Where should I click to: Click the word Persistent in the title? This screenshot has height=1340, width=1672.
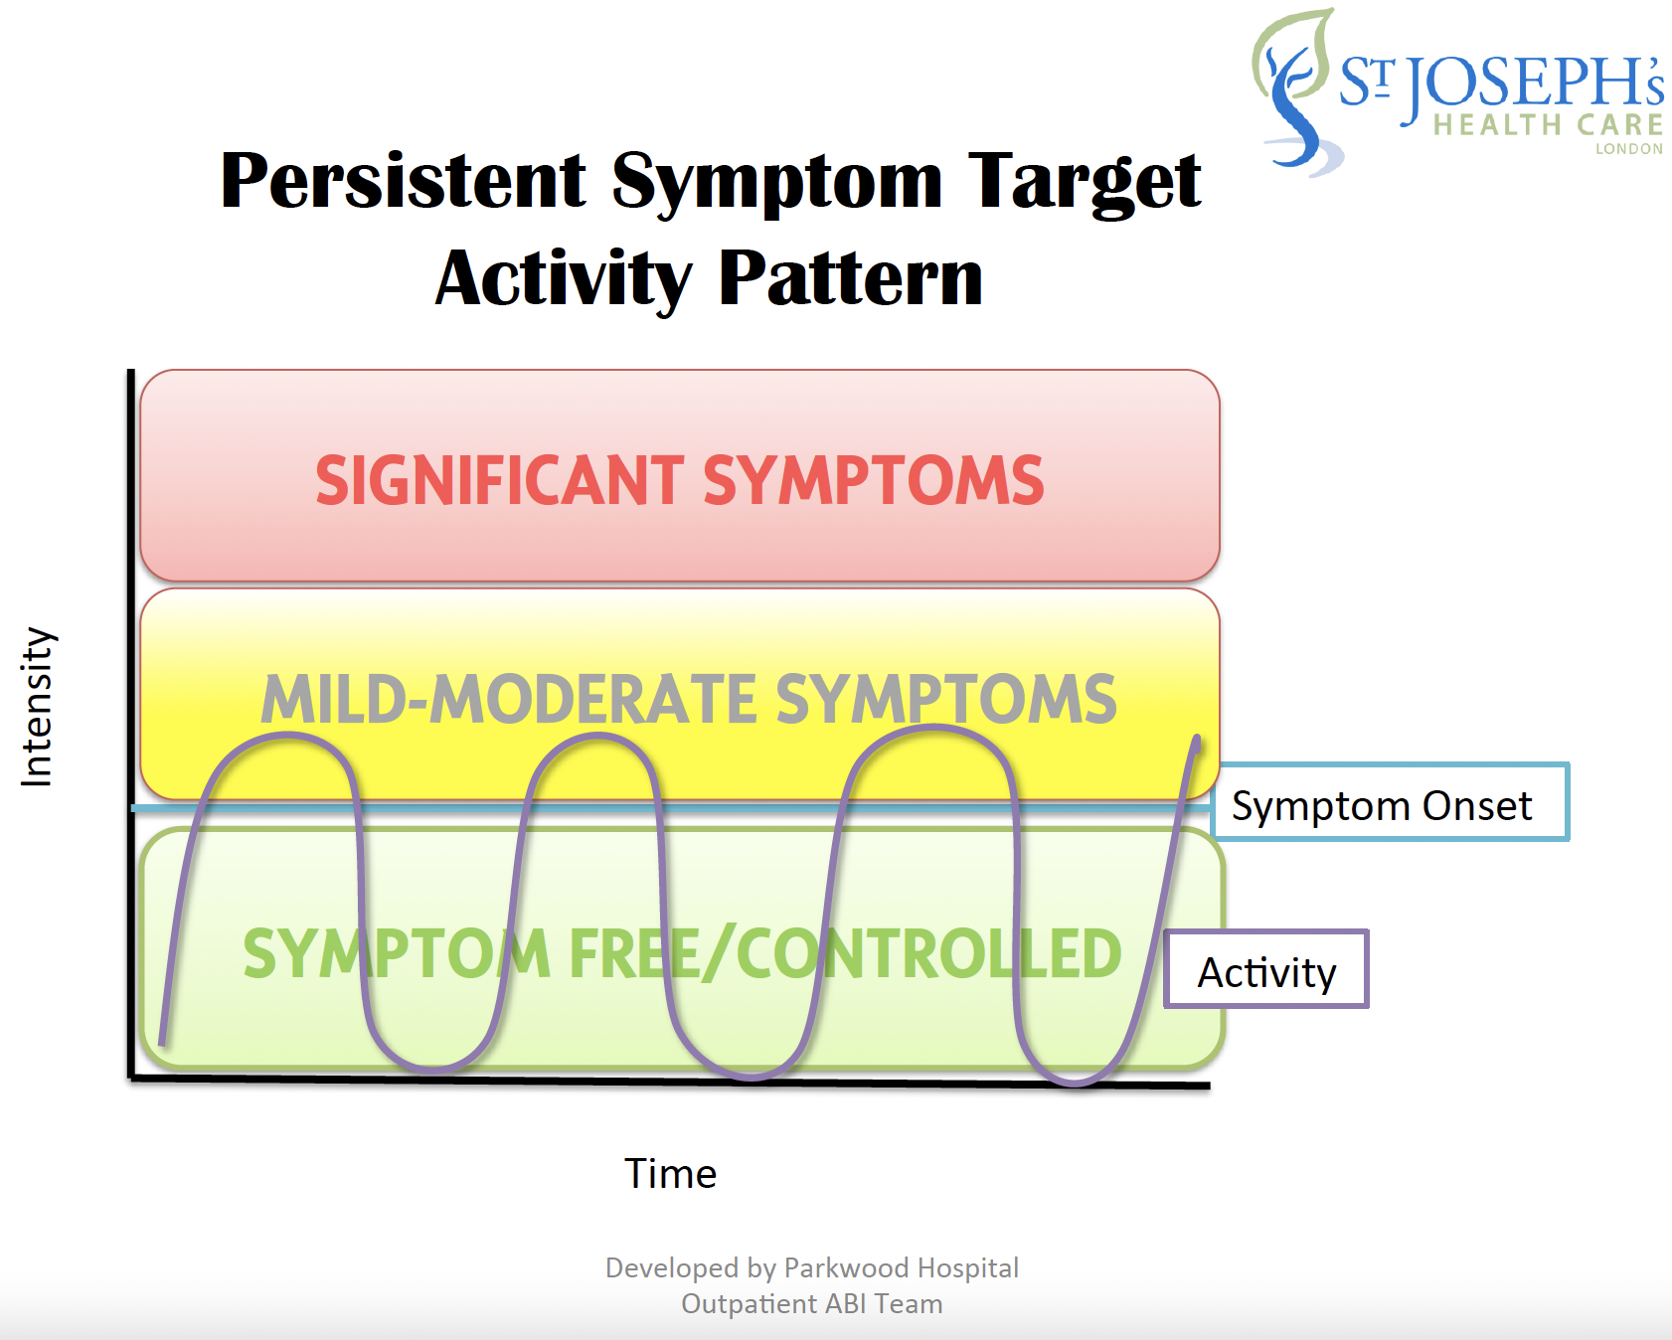(x=404, y=181)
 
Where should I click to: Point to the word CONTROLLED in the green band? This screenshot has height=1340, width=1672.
(x=928, y=953)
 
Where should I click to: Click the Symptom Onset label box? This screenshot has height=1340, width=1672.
(x=1391, y=802)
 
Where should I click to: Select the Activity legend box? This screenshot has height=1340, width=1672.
(x=1266, y=969)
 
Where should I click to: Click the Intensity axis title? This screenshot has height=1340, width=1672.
(x=37, y=707)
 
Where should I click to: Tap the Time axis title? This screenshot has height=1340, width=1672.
(x=670, y=1174)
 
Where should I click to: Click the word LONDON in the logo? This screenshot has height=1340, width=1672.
(x=1628, y=149)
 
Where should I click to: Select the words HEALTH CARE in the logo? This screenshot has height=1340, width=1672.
(x=1548, y=125)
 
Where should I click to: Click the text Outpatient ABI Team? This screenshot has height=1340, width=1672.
(x=811, y=1304)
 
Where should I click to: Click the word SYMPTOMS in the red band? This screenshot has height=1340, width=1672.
(x=874, y=480)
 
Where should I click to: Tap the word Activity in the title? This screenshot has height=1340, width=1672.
(x=564, y=279)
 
